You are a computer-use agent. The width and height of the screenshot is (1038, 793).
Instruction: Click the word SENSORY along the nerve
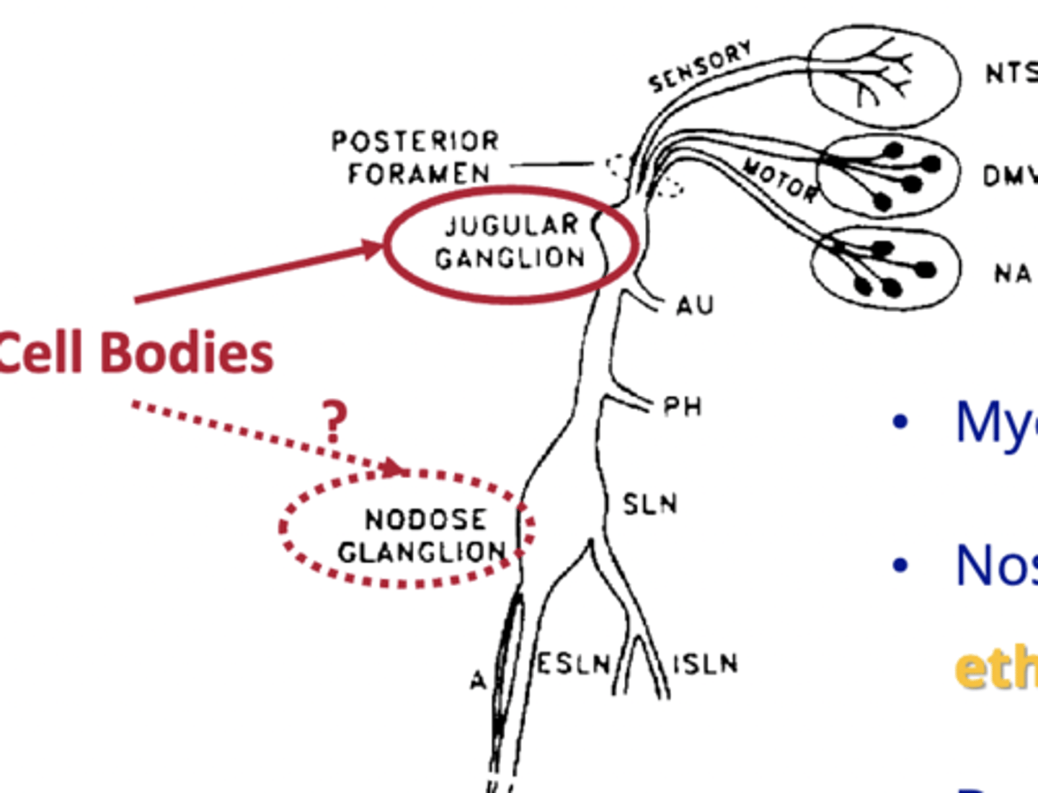click(x=700, y=67)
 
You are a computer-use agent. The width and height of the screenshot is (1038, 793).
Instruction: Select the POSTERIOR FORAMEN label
click(x=416, y=157)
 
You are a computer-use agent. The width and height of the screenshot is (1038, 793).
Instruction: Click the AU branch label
click(x=695, y=306)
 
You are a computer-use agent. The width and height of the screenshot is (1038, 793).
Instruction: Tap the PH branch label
click(x=682, y=407)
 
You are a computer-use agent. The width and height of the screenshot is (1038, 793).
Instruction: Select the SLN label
click(x=649, y=504)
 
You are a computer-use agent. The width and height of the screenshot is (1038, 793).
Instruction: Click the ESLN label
click(x=574, y=664)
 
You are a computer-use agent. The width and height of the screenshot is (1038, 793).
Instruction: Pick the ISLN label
click(x=705, y=664)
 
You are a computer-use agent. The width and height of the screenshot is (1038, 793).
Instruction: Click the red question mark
click(x=334, y=421)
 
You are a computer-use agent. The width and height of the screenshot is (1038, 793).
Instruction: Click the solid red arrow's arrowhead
click(x=373, y=249)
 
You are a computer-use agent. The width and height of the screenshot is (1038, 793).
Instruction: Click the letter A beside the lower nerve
click(x=478, y=680)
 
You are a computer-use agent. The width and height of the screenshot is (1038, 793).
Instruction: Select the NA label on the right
click(x=1013, y=274)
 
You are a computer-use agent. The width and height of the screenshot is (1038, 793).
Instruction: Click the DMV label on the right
click(x=1009, y=176)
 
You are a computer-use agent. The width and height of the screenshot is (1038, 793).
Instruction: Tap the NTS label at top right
click(x=1011, y=74)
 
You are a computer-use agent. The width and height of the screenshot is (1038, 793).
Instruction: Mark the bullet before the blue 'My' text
click(x=900, y=422)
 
